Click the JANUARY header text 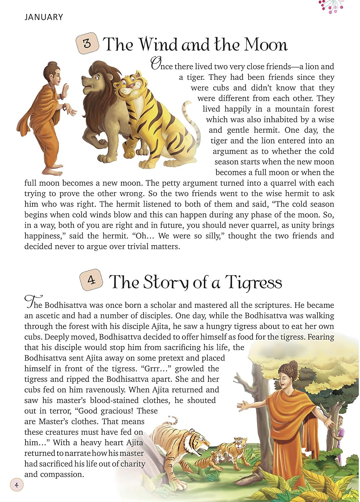click(43, 17)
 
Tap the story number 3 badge click(87, 43)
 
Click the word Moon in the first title click(266, 45)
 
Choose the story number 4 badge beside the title click(91, 279)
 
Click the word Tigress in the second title click(254, 282)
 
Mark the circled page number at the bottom click(17, 485)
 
